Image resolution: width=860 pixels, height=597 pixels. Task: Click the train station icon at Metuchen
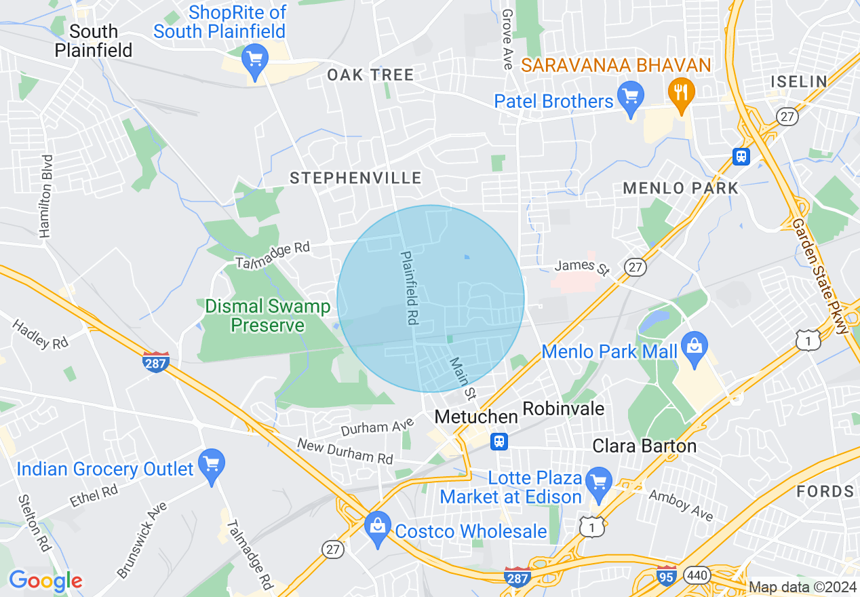[x=499, y=442]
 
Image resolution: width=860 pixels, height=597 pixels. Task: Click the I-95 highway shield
[x=667, y=573]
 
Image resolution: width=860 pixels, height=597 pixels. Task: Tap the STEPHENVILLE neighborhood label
[x=355, y=178]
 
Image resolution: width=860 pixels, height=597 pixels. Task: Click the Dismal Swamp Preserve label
[x=267, y=316]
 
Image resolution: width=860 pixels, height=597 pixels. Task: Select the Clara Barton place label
[x=644, y=446]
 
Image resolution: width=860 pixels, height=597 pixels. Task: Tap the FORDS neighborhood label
[x=825, y=491]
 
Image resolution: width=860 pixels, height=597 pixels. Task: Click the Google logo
[x=45, y=581]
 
